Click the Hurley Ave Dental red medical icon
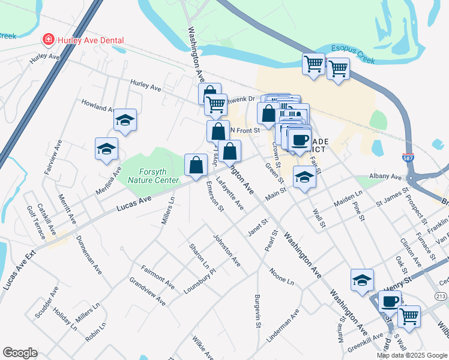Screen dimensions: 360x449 (47, 40)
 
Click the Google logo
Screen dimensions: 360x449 (20, 353)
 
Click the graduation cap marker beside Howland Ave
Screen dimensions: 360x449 (125, 120)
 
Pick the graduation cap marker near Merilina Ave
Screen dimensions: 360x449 (106, 149)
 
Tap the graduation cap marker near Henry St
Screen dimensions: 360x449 (363, 280)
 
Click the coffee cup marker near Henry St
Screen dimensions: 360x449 (390, 301)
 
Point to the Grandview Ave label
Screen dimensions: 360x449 (147, 291)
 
